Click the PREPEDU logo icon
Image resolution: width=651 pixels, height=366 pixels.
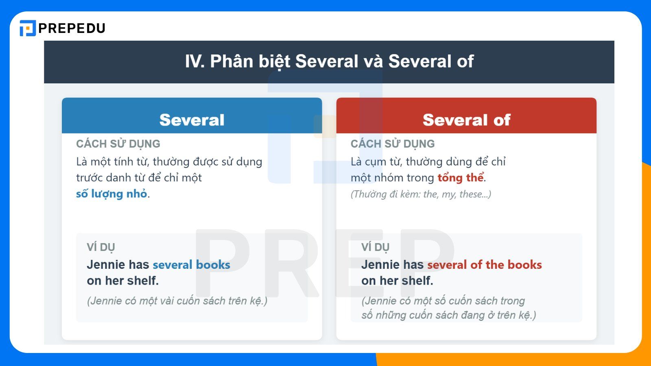click(x=28, y=28)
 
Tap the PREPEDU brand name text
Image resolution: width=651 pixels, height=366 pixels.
click(x=72, y=28)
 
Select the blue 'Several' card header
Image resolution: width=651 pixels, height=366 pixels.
click(x=192, y=120)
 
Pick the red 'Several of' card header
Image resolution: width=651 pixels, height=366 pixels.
click(x=466, y=120)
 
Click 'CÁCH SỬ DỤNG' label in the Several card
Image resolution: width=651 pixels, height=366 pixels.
click(x=118, y=144)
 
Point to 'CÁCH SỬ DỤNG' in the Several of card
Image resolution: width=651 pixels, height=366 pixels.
click(x=393, y=144)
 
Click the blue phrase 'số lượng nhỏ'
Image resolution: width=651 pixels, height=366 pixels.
click(x=111, y=194)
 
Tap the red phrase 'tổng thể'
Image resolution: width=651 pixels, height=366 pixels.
click(x=461, y=178)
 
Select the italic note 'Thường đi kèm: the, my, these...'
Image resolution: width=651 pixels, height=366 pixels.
click(x=421, y=194)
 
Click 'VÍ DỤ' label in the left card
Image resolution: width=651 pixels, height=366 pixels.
click(x=101, y=247)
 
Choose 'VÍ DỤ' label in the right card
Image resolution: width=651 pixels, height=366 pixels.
click(x=376, y=247)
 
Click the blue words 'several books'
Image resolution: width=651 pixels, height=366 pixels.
click(x=191, y=265)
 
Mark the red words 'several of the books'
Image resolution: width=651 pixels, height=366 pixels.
click(x=484, y=265)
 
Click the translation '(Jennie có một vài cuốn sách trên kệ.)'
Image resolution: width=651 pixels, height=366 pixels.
click(x=177, y=301)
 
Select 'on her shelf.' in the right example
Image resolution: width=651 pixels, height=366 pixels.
click(x=397, y=281)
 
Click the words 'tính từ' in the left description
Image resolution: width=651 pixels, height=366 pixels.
click(x=131, y=162)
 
